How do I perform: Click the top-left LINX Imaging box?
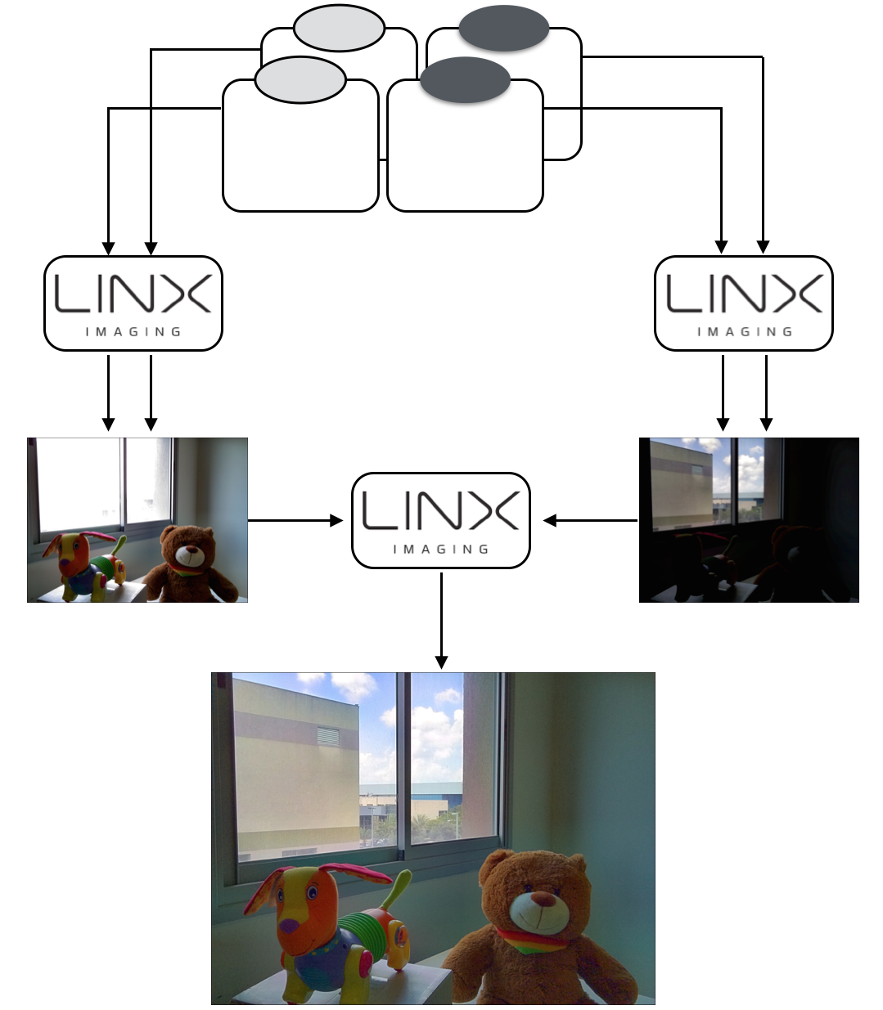coord(133,303)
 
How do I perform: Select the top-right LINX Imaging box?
coord(743,303)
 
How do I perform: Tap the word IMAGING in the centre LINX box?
coord(441,550)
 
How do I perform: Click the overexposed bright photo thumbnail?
coord(137,520)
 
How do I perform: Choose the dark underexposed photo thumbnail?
coord(749,520)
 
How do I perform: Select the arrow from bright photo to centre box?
coord(295,520)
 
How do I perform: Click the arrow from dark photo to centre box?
coord(590,520)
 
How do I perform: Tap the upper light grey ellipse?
coord(339,28)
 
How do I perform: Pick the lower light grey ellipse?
coord(300,80)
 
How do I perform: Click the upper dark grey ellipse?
coord(503,28)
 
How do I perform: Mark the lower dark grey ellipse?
coord(465,80)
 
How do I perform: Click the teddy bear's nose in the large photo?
coord(541,900)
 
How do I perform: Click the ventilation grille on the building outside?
coord(327,735)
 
